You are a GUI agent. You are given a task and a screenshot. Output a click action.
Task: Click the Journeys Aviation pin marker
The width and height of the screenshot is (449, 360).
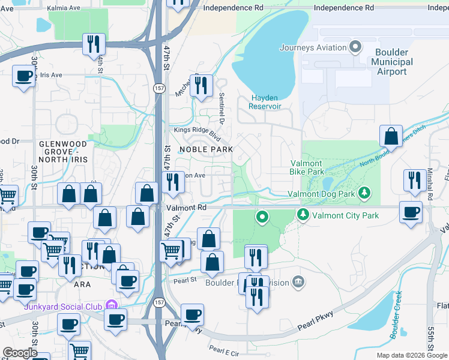click(x=355, y=47)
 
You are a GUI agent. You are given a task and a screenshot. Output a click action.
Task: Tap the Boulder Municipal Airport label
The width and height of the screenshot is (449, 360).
click(x=392, y=62)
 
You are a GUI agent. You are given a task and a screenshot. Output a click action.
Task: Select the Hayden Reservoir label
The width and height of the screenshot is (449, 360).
click(x=266, y=101)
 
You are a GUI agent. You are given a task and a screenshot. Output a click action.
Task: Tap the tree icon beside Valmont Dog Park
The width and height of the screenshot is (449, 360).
click(x=364, y=193)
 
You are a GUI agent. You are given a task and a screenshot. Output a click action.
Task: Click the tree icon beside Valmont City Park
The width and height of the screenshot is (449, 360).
click(x=303, y=214)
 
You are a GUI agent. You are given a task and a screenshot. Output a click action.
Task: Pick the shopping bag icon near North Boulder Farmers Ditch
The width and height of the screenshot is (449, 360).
click(x=391, y=137)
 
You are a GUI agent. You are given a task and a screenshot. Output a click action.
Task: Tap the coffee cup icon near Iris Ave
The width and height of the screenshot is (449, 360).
click(x=23, y=77)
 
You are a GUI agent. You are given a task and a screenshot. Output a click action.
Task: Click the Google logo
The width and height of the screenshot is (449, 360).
click(x=20, y=353)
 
